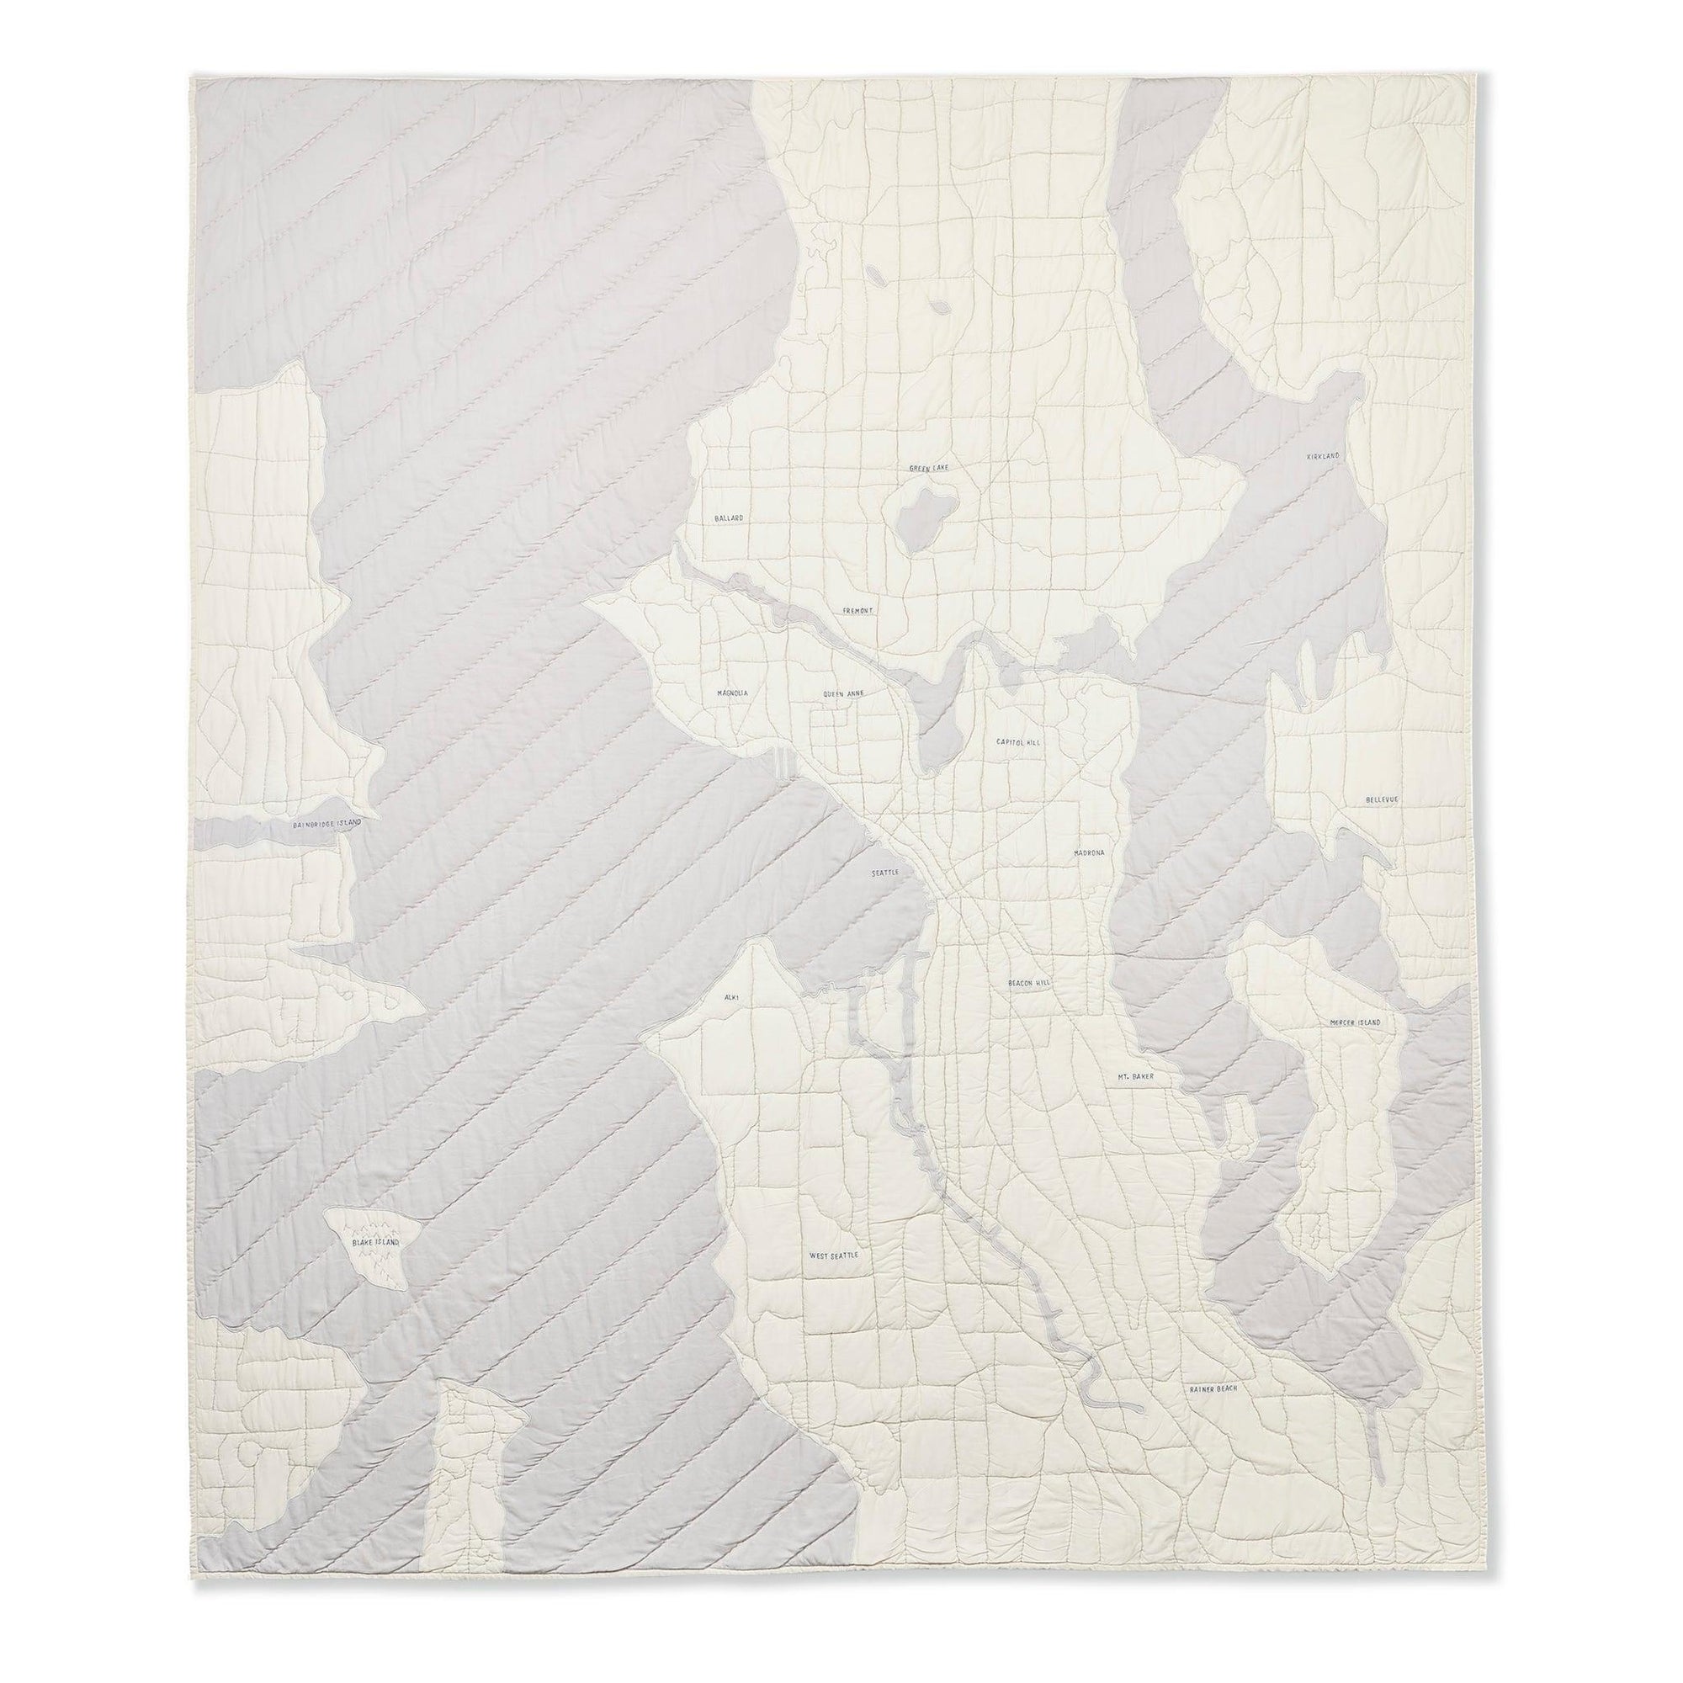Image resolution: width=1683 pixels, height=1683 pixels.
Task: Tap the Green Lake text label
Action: pyautogui.click(x=927, y=468)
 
